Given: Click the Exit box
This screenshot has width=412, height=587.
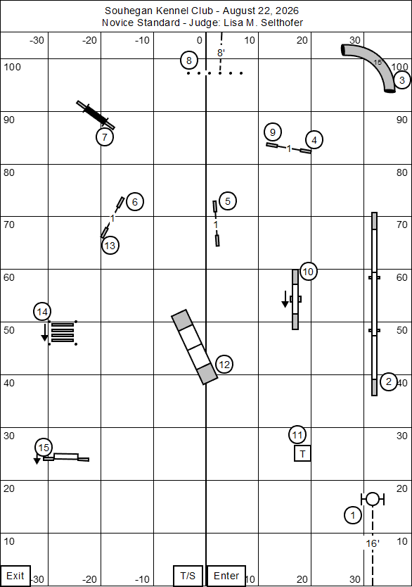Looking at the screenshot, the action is (15, 576).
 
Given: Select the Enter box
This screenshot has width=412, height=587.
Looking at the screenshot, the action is (226, 576).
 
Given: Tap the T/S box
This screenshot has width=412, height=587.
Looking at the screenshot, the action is (188, 576).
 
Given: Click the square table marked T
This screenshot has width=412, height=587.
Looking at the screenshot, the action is (302, 453).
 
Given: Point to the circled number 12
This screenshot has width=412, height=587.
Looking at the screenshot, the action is (224, 365).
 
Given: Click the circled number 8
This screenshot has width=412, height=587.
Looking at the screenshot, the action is (189, 61).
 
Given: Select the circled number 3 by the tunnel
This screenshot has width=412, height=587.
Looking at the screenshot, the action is (402, 80).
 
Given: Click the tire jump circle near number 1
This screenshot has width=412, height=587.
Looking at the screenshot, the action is (373, 499).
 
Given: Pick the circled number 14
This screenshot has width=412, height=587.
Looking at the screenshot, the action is (42, 312).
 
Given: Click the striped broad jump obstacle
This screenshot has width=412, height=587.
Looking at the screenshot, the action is (63, 332).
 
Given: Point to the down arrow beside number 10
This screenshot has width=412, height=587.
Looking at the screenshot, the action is (285, 299).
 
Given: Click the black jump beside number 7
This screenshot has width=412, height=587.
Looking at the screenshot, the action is (96, 115).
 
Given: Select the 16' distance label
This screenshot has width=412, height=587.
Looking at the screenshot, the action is (373, 543).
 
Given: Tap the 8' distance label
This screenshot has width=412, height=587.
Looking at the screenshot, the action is (221, 53).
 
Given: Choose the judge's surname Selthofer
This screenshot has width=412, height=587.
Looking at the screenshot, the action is (282, 23).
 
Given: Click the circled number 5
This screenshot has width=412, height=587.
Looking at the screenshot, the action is (228, 201).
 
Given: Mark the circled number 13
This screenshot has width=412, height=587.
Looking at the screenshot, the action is (110, 246).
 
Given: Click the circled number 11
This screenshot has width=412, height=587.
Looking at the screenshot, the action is (297, 435).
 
